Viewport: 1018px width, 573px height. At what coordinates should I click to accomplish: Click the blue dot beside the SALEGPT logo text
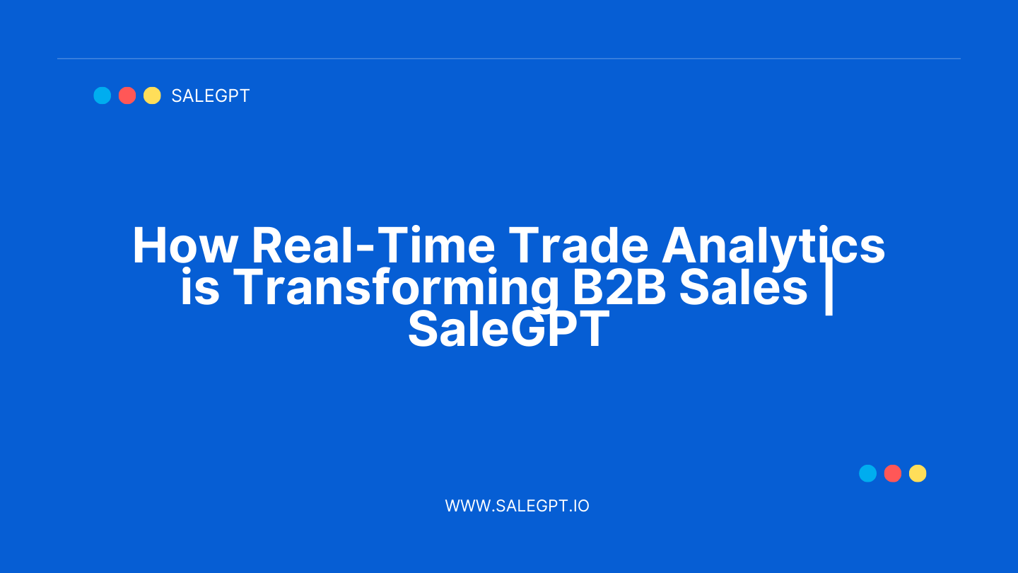tap(103, 95)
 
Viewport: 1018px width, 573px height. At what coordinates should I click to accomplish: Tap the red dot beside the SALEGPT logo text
tap(127, 95)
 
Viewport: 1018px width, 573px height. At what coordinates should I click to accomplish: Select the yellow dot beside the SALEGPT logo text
tap(152, 95)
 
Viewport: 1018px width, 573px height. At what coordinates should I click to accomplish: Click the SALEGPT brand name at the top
tap(211, 96)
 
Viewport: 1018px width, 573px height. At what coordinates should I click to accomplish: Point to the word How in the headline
tap(185, 245)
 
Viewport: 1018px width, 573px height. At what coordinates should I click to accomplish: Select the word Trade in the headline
tap(578, 245)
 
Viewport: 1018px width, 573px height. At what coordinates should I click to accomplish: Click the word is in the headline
tap(200, 287)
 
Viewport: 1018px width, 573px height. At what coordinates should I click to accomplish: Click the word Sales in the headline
tap(744, 287)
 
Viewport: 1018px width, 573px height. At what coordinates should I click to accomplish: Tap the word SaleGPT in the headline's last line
tap(509, 329)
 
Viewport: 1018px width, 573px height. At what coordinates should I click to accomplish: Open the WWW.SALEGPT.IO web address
tap(517, 506)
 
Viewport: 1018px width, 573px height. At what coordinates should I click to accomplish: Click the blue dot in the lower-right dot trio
tap(867, 473)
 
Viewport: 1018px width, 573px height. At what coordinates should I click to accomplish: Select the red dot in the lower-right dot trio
tap(893, 473)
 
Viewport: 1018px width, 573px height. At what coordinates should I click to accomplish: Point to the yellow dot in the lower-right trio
tap(918, 473)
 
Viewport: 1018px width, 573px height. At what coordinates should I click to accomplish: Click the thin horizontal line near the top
tap(509, 58)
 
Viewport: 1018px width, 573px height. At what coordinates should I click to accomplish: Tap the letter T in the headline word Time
tap(392, 245)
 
